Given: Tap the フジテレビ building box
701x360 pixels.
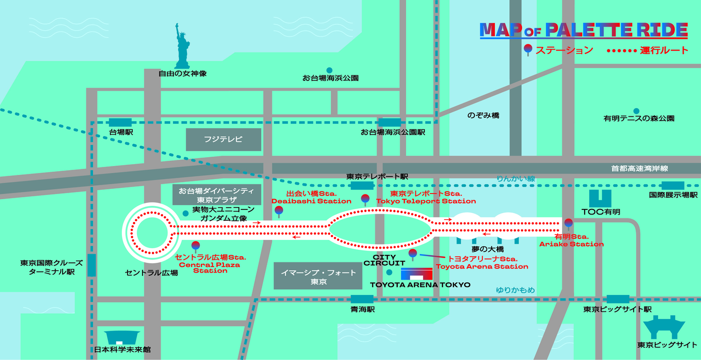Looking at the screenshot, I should pos(223,139).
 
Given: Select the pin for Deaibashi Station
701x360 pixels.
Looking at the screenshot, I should pos(279,211).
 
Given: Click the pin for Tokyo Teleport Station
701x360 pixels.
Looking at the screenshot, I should pos(365,199).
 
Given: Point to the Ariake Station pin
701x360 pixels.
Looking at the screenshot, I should pos(568,223).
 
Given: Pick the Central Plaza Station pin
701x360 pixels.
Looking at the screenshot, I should pos(195,245).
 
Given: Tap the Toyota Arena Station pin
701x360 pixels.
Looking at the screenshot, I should pos(413,254).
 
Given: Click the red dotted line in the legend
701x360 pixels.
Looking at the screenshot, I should pos(621,50).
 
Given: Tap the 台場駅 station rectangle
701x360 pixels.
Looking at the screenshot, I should pos(120,122).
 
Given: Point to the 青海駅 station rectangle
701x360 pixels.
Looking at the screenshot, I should pos(362,299).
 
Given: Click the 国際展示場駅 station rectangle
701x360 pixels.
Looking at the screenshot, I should pos(673,186).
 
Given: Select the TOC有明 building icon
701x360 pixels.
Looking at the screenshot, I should pos(600,198).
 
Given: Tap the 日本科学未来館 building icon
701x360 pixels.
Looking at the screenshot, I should pos(122,337).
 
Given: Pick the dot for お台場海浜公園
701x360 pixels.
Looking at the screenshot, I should pos(329,71).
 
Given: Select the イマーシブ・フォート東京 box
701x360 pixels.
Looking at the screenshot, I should pos(318,277).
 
